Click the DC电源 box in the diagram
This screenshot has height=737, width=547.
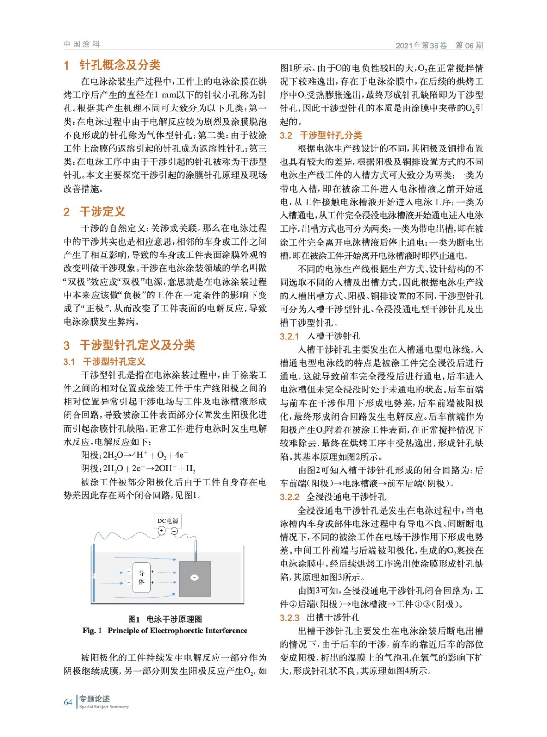point(168,521)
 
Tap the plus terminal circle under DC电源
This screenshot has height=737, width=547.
point(161,531)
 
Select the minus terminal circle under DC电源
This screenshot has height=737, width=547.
point(174,531)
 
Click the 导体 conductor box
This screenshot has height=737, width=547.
point(141,578)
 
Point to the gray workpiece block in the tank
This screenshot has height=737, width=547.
point(195,585)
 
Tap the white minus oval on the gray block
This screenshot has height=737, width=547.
point(194,578)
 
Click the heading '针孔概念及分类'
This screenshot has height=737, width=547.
point(120,65)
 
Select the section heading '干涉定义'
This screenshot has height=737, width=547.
point(102,211)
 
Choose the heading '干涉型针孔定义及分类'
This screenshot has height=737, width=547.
point(137,345)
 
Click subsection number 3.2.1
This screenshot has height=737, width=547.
point(289,337)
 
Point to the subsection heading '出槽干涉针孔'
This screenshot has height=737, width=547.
point(333,618)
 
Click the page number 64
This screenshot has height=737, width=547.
point(68,702)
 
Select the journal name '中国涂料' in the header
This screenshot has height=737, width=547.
point(82,44)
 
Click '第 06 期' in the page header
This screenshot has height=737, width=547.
point(469,45)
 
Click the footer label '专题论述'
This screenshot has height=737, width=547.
point(94,698)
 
